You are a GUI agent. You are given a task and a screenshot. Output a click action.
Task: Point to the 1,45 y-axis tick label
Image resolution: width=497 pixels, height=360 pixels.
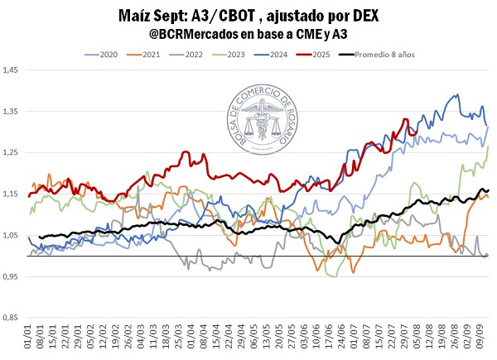12,70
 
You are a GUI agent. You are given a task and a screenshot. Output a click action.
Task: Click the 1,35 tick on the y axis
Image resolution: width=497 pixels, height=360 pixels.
12,112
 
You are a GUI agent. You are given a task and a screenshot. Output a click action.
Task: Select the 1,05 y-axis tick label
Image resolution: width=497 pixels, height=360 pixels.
12,236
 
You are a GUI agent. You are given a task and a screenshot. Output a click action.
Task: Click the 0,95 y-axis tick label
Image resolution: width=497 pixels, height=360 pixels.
12,276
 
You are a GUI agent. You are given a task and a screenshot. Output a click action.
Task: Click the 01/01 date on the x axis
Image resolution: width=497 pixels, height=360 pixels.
29,338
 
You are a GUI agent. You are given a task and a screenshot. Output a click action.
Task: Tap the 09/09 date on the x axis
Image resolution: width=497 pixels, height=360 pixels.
483,338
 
